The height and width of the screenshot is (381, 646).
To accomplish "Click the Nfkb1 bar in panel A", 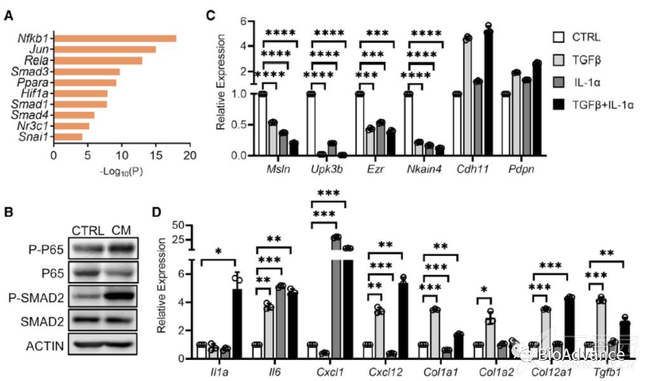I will pyautogui.click(x=114, y=39).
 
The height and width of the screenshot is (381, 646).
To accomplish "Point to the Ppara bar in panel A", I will pyautogui.click(x=84, y=82).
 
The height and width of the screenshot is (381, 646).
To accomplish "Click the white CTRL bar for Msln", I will pyautogui.click(x=262, y=124).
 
